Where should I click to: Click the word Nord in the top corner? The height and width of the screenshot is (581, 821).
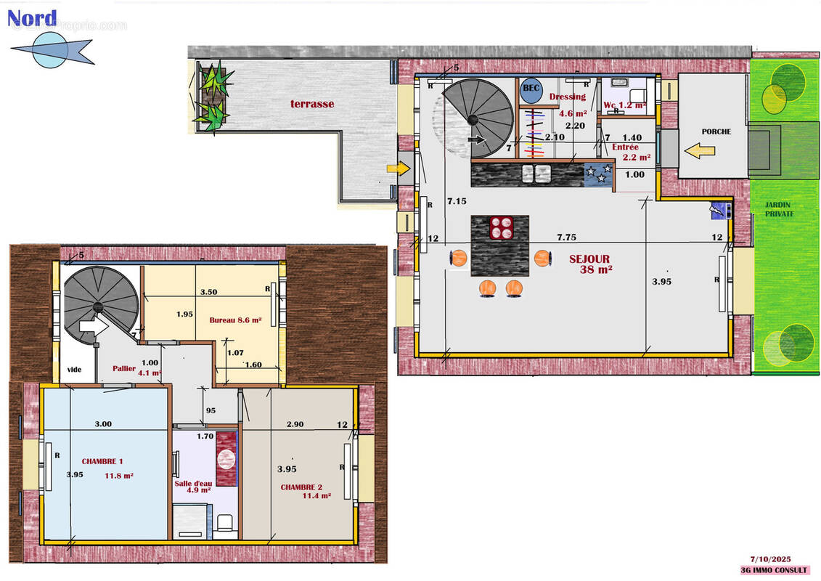coord(32,17)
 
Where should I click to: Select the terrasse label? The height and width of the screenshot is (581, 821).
coord(312,104)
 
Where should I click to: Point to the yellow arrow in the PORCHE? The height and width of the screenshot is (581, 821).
coord(700,151)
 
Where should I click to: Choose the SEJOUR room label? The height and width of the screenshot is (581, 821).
coord(589,259)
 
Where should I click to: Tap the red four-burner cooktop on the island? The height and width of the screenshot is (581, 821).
coord(500,228)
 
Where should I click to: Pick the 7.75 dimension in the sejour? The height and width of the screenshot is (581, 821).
coord(566,237)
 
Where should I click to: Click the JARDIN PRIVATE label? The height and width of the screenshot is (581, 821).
coord(779,210)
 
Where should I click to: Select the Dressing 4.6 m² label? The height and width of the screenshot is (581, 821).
coord(567,105)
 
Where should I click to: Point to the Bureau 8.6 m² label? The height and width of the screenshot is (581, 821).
coord(234,320)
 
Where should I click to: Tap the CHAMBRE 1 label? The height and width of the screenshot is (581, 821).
coord(102,461)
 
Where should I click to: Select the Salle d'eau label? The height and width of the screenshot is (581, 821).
coord(192,486)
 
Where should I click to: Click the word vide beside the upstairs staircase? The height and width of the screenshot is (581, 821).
coord(74,370)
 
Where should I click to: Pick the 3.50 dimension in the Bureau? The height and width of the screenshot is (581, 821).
coord(209,292)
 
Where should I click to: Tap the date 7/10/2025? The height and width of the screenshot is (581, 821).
coord(770,559)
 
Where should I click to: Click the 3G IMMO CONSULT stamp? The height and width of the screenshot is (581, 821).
coord(770,570)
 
